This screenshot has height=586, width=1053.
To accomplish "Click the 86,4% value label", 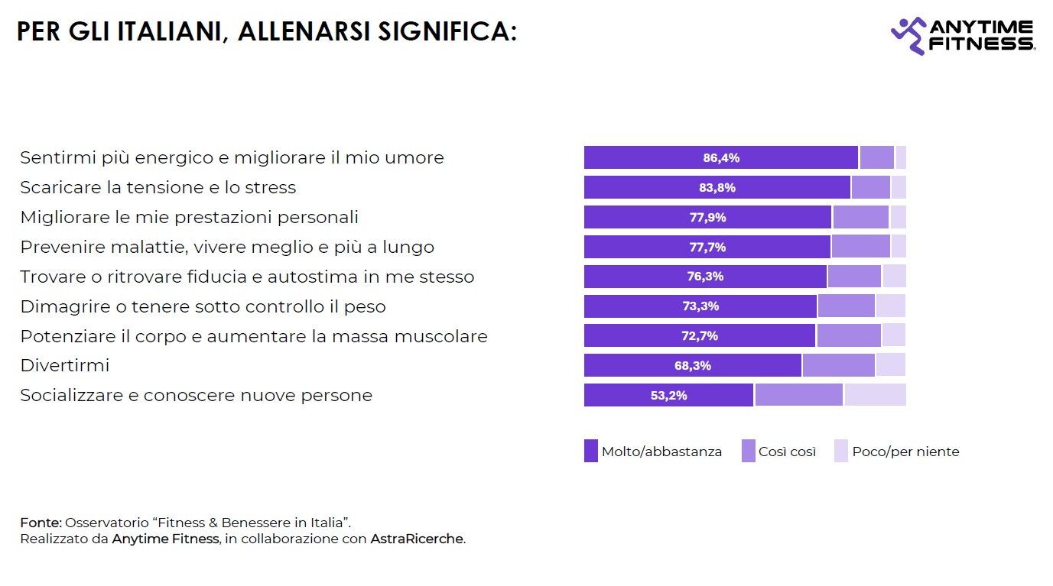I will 721,158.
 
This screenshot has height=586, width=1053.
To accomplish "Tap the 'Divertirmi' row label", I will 65,366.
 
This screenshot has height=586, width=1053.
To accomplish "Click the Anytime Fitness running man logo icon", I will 908,35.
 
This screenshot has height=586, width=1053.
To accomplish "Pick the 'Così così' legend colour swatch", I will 749,452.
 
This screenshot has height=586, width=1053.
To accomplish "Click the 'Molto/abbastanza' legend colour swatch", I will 591,452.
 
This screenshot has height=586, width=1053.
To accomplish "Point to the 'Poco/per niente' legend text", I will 905,452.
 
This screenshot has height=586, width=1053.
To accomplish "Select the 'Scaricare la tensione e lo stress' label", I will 158,187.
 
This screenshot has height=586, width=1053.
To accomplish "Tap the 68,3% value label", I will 693,366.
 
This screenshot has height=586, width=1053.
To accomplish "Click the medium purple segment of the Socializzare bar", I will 798,395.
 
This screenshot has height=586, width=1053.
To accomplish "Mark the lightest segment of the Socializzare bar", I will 875,395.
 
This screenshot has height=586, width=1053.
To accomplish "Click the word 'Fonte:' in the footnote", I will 41,523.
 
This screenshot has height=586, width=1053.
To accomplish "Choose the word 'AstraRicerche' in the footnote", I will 417,539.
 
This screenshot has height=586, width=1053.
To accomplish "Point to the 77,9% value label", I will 707,217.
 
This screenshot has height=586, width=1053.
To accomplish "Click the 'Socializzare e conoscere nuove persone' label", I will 196,396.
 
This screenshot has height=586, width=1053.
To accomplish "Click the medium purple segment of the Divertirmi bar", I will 838,366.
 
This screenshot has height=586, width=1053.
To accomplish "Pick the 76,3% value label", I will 705,277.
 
